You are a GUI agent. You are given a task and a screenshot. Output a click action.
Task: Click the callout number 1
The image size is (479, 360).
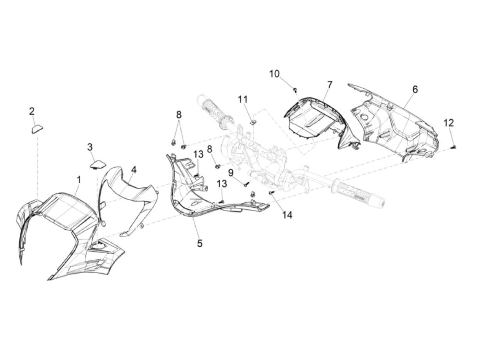(79, 179)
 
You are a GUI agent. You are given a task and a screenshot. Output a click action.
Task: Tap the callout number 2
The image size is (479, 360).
(32, 111)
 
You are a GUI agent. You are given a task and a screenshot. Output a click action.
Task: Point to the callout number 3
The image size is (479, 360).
(90, 147)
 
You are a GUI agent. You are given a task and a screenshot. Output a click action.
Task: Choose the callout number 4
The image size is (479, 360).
(133, 169)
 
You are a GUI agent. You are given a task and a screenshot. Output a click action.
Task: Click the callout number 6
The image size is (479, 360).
(415, 90)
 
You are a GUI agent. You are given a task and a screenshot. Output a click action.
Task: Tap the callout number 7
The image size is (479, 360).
(329, 84)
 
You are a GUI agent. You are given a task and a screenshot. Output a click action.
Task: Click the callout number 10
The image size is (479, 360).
(274, 74)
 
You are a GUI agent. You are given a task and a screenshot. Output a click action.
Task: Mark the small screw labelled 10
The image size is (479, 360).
(295, 90)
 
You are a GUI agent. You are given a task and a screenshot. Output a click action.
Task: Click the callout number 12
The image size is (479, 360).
(449, 122)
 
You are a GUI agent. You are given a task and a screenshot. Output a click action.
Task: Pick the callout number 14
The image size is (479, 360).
(287, 215)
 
